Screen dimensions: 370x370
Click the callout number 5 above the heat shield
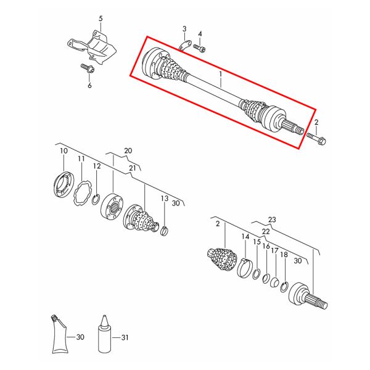(x=101, y=18)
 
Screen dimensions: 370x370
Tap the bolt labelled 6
(x=88, y=68)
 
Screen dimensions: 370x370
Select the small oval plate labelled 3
(x=184, y=46)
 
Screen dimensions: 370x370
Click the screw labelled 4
(x=199, y=48)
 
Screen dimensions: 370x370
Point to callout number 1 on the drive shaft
(x=221, y=75)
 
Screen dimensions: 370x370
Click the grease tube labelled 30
(x=59, y=334)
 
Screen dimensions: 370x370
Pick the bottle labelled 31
(x=105, y=334)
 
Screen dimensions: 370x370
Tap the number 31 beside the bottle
(x=125, y=338)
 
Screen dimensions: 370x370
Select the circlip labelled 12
(x=96, y=200)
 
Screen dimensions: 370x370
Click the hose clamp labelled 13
(x=165, y=231)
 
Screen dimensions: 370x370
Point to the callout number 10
(x=64, y=151)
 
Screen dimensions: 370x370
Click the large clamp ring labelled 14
(x=244, y=268)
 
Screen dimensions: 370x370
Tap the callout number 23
(x=272, y=220)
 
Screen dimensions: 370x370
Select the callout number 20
(x=128, y=150)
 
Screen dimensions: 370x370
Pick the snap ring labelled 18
(x=284, y=287)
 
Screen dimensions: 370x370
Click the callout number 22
(x=266, y=231)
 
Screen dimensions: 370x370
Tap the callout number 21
(x=133, y=168)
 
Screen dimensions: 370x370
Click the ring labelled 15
(x=257, y=274)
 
